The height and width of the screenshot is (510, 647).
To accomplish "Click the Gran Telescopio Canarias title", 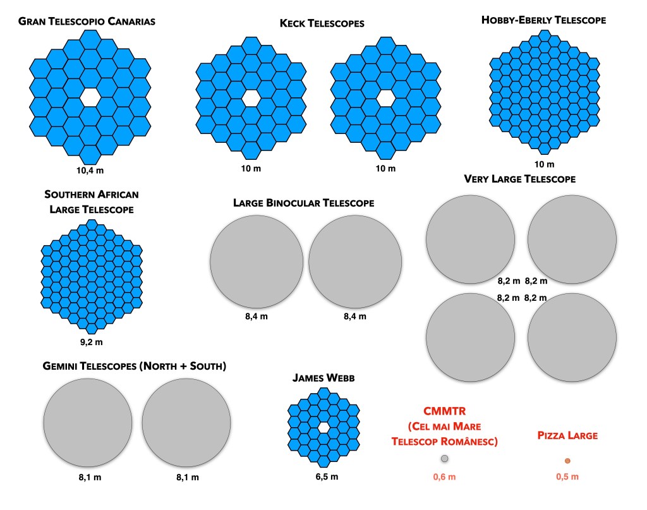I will [x=87, y=22].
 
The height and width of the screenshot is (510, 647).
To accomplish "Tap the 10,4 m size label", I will [x=88, y=169].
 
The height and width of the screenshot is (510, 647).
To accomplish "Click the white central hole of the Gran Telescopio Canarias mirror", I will [x=90, y=96].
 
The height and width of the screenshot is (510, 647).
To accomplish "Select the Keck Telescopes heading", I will [x=322, y=24].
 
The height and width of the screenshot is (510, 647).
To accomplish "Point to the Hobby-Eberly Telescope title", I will [x=543, y=20].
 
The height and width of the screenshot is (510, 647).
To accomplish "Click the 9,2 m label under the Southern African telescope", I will [x=90, y=342].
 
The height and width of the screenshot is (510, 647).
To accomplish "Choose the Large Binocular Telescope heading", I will [x=303, y=203].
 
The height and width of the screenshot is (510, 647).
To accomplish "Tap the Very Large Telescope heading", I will [x=519, y=179].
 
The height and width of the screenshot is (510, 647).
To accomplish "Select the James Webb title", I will [x=323, y=378].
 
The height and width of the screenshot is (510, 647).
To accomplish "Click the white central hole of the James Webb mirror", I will [x=324, y=428].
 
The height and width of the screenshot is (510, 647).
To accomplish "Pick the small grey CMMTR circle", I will [x=444, y=458].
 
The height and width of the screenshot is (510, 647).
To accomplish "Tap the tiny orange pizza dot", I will [x=567, y=461].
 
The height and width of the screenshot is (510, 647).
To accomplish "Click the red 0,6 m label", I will [x=444, y=477].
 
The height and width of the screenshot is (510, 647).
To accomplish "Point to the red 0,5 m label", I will [x=567, y=477].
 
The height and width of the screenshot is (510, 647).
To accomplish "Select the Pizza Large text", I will [x=567, y=435].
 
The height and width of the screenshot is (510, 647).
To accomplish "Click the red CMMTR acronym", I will [x=444, y=411].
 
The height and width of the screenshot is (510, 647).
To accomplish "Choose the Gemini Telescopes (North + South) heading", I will [x=134, y=367].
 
